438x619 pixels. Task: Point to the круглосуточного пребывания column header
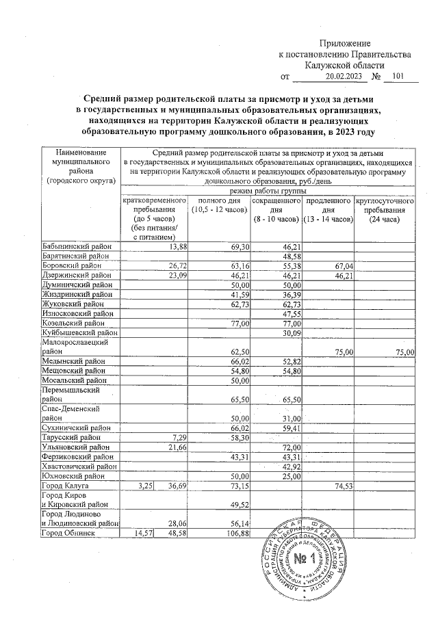385,211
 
